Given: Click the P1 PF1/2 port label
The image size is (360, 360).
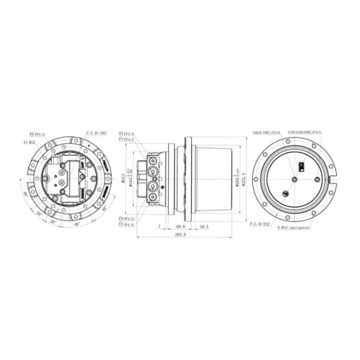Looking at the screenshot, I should coord(126,139).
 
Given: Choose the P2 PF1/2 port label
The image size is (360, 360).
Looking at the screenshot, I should coord(126,219).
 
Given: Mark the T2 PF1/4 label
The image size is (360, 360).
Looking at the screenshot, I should coord(126,224).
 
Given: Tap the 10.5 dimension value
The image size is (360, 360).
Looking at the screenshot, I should coord(204,227).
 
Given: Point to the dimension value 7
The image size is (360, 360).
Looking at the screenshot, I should coord(158,227).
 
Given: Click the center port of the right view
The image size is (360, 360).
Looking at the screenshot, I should coord(295,178).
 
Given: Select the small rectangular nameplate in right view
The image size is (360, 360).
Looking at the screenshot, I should coord(302,168).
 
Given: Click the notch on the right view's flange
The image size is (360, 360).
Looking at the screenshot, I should coord(329,178).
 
